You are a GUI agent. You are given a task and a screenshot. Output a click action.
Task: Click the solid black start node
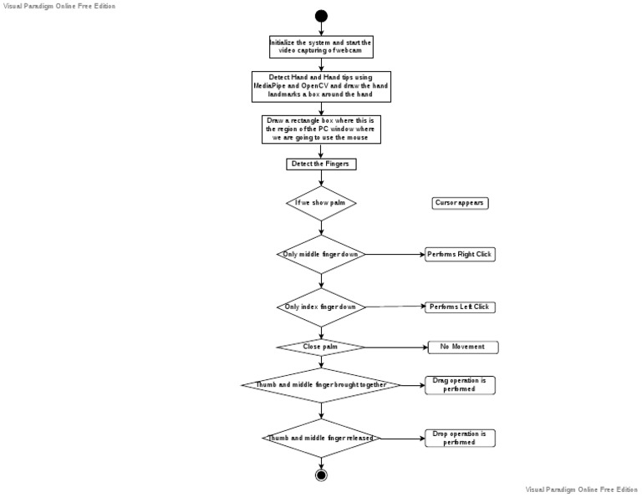point(321,16)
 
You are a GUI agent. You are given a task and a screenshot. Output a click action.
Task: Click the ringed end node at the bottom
point(321,474)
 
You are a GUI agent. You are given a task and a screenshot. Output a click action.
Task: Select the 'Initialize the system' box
point(321,47)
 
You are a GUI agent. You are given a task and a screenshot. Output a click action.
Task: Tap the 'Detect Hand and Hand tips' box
point(321,86)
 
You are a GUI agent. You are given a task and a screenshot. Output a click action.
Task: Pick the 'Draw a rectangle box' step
point(321,129)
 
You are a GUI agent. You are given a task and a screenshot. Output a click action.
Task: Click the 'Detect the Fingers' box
point(321,164)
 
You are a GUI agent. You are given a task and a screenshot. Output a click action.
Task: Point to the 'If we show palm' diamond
point(321,202)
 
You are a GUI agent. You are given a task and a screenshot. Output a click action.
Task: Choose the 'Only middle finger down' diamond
point(321,254)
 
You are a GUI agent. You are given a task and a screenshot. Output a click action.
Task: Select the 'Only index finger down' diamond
point(321,307)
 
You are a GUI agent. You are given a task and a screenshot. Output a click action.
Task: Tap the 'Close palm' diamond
point(321,347)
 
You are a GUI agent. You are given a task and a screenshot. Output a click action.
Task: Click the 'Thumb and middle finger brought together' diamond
point(321,385)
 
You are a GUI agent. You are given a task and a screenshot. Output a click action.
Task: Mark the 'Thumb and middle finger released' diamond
point(321,438)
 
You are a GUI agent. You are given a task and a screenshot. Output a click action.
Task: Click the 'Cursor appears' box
point(460,202)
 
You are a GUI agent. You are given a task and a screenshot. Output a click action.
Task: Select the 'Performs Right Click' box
point(460,254)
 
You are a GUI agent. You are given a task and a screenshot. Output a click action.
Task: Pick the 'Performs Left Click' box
point(460,307)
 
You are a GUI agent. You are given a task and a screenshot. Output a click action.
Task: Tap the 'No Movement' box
point(463,347)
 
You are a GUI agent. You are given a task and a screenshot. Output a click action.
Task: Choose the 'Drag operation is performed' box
point(460,385)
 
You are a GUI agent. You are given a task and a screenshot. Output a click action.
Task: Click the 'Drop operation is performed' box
point(460,438)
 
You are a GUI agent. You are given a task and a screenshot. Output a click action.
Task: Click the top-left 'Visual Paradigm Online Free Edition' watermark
point(59,6)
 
